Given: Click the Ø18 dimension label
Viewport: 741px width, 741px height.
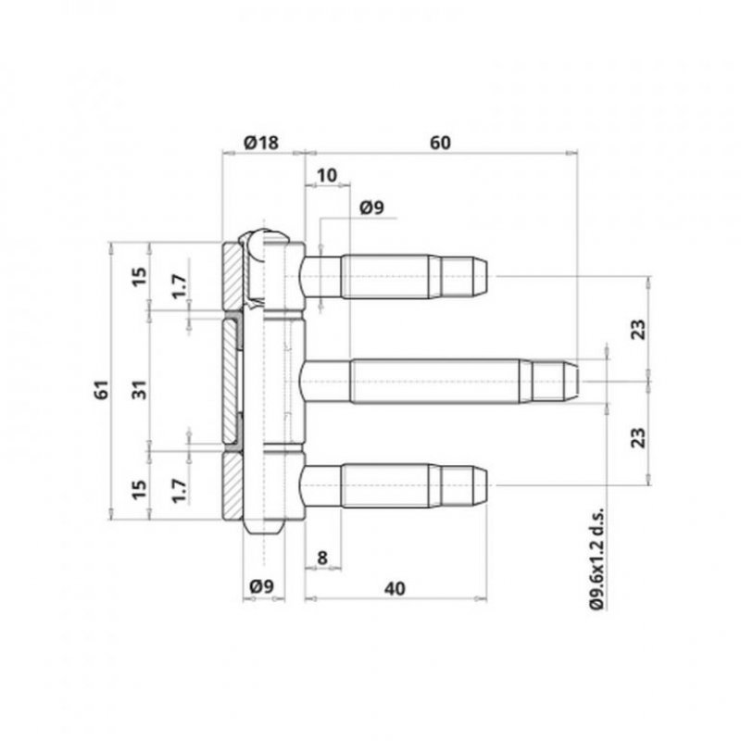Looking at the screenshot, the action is click(261, 143).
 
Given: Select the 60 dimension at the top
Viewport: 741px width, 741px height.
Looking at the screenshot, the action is click(440, 143).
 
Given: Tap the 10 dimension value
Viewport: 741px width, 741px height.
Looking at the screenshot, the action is click(327, 175).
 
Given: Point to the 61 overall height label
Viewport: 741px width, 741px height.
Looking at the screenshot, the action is click(102, 389).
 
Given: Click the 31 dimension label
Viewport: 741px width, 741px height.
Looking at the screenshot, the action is click(140, 389).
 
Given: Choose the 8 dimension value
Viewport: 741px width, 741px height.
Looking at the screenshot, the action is click(321, 558).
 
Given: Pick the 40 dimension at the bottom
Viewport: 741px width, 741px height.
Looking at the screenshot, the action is click(396, 588).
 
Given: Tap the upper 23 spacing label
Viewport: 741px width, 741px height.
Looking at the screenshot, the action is click(638, 329).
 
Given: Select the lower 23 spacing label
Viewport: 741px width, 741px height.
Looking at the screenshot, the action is click(638, 437).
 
